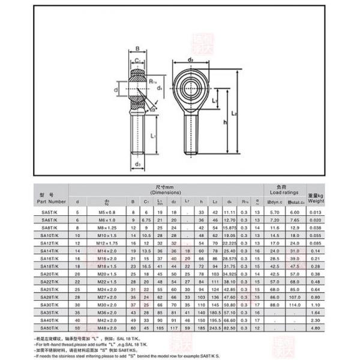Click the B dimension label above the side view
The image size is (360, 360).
click(137, 50)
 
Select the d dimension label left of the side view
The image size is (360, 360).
click(115, 91)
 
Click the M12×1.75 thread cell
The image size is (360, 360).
click(107, 244)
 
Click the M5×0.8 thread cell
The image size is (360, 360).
click(107, 213)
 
